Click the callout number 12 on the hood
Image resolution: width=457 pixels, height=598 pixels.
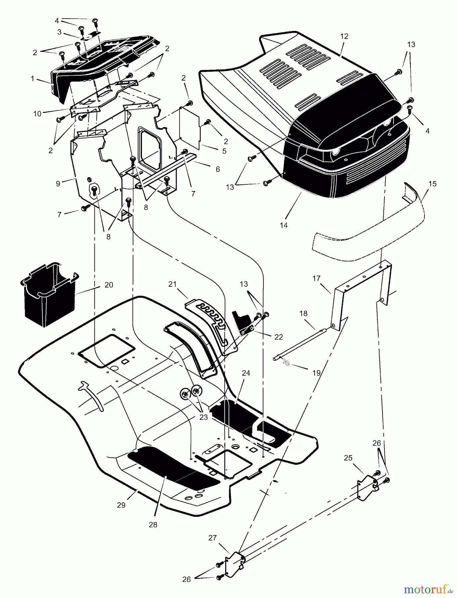coord(344,37)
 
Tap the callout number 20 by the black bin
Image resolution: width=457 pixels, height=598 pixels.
coord(108,285)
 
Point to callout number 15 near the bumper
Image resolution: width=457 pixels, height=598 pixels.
coord(432,184)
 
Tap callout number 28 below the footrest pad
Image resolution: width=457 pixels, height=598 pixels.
coord(153,525)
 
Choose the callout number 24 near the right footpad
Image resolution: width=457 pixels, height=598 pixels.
coord(246,373)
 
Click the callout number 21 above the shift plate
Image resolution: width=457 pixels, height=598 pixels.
coord(172,284)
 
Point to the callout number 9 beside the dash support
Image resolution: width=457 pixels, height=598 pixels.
coord(58,183)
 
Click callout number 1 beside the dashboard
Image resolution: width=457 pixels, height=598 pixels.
coord(33,79)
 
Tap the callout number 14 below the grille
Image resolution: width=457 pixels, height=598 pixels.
coord(284,225)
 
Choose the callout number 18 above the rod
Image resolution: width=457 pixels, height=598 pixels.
coord(303,313)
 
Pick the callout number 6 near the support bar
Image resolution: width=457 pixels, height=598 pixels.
coord(218,169)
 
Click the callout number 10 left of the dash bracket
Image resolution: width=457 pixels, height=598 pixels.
coord(37,114)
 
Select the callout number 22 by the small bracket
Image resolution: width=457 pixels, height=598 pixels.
coord(278,337)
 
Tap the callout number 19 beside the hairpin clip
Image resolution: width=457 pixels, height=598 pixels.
coord(316,373)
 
